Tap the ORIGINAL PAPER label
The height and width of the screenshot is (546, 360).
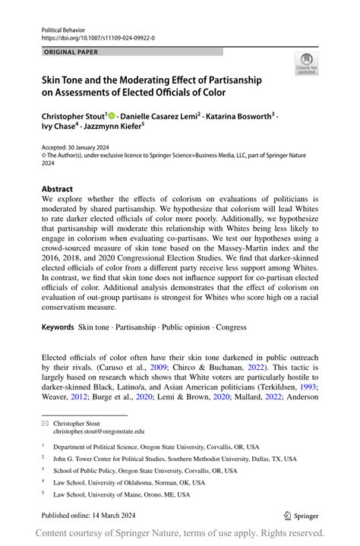(x=72, y=52)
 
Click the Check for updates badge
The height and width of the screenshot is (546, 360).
(x=307, y=65)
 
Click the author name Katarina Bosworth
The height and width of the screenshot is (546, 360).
(x=238, y=116)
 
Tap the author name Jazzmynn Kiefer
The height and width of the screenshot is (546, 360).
(x=114, y=128)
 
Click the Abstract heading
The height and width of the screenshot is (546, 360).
(x=58, y=189)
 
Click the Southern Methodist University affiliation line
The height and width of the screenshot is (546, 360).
(x=167, y=458)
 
